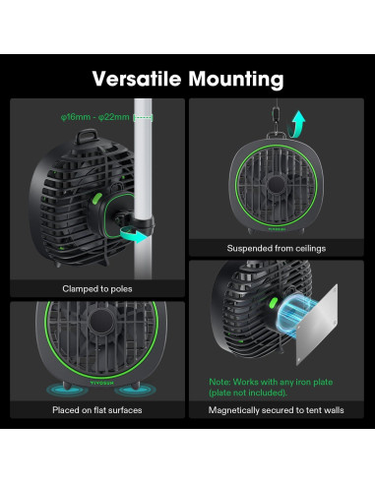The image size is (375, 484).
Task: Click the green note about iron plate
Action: (x=279, y=385)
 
